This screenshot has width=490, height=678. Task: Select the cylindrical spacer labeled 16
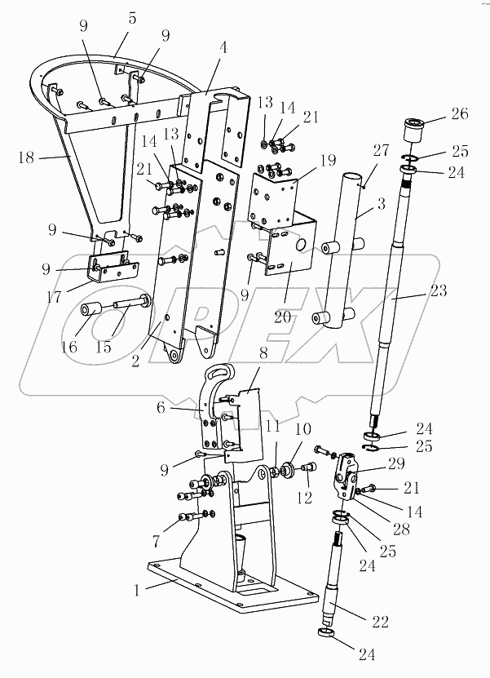point(90,312)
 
